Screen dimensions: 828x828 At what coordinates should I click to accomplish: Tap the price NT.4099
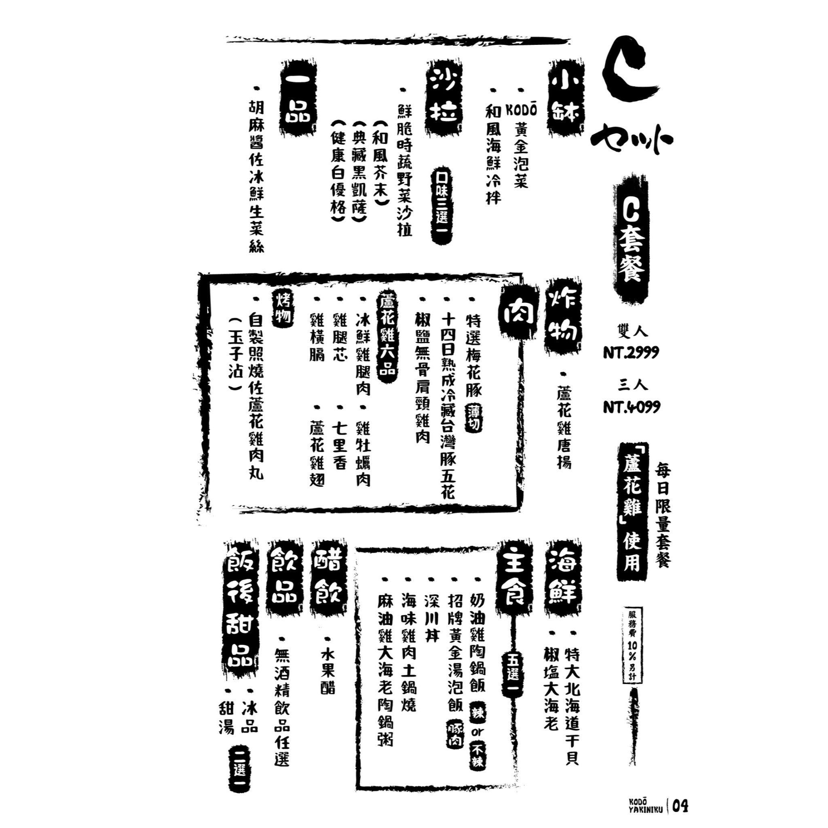632,406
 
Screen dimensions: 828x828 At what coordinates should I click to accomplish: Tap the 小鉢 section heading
566,98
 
